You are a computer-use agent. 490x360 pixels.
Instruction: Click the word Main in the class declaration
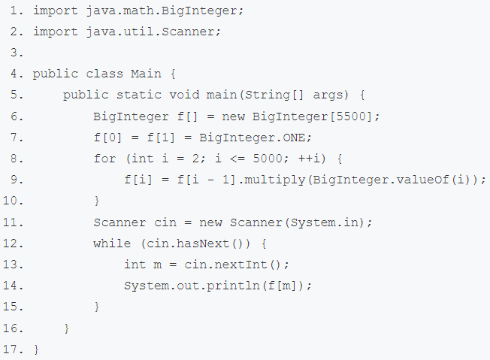[146, 74]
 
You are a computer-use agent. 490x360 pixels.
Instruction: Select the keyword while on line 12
[108, 244]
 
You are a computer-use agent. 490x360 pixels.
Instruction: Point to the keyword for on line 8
[104, 159]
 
